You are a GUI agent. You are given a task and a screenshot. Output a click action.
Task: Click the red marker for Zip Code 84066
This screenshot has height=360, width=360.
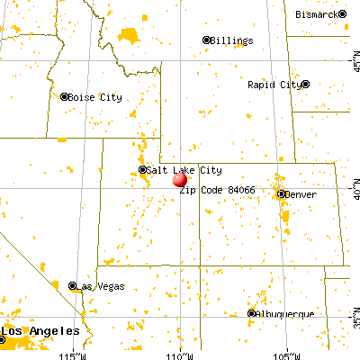click(x=180, y=179)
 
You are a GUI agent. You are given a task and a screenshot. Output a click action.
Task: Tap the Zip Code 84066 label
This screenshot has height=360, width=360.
click(x=216, y=191)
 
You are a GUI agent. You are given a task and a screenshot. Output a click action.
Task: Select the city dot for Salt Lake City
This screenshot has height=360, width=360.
click(x=142, y=169)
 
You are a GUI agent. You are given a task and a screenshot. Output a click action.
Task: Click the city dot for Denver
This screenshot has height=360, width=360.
click(x=281, y=194)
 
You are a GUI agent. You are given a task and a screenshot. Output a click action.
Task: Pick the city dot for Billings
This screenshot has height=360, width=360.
click(x=206, y=40)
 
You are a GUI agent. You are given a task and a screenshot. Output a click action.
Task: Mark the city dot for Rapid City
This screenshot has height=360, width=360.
click(x=305, y=85)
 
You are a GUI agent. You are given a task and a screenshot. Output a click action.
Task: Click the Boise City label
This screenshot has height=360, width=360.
click(x=94, y=97)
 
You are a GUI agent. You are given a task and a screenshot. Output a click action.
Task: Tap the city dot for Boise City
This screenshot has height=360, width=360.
click(x=63, y=97)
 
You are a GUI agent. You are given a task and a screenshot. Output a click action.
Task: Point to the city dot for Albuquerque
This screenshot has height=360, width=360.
click(x=252, y=313)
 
